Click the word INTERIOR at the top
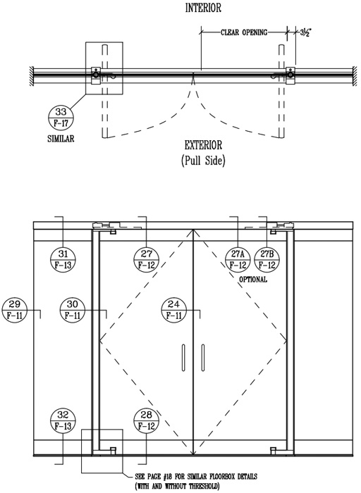tap(203, 8)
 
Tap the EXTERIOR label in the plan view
tap(203, 145)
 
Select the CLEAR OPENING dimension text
tap(244, 32)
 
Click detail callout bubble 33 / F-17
tap(61, 118)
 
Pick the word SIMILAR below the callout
tap(61, 139)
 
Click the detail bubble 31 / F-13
tap(63, 259)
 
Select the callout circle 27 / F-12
tap(147, 259)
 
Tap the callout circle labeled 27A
tap(238, 259)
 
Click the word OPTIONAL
tap(253, 279)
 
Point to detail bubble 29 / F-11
tap(15, 310)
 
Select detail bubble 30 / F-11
tap(73, 310)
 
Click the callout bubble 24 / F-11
tap(173, 310)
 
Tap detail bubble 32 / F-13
tap(63, 420)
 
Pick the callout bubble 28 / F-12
tap(147, 420)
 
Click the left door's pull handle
tap(183, 358)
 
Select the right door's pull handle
tap(203, 358)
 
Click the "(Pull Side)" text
tap(203, 161)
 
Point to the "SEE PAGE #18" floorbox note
tap(196, 481)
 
